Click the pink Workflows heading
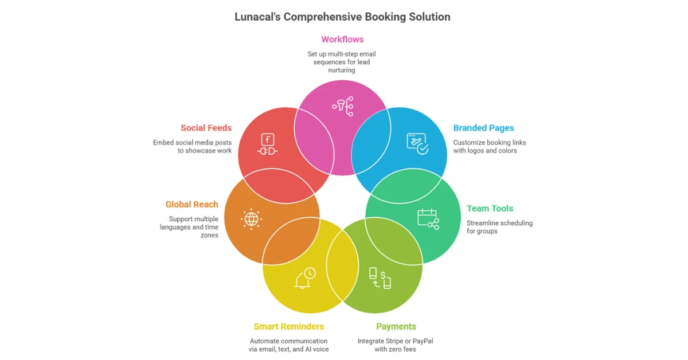342,40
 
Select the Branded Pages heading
483,128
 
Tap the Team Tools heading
490,209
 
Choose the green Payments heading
396,327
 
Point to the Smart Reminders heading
288,327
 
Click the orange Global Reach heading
191,205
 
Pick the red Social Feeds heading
206,128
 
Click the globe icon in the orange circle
251,218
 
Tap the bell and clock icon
304,277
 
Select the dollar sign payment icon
380,277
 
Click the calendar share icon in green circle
428,218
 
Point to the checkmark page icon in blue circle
417,143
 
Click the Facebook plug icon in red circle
267,144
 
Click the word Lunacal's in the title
257,17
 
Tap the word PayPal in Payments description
421,341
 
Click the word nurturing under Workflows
342,70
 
